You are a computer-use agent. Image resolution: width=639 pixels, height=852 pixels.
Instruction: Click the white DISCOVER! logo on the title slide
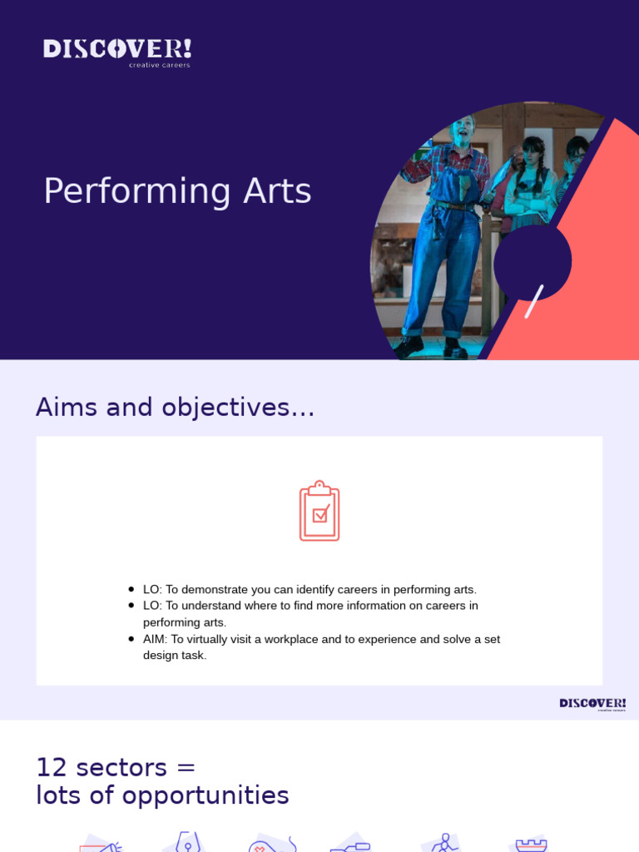click(116, 48)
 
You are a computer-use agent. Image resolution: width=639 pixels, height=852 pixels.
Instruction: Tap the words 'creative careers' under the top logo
click(159, 65)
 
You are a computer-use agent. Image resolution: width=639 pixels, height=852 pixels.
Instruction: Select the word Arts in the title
click(278, 191)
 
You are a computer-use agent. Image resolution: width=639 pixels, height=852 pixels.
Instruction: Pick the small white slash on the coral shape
click(534, 301)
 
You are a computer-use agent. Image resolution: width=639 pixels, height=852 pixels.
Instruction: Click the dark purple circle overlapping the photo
click(532, 261)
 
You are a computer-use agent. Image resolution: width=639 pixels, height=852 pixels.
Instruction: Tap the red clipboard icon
click(319, 511)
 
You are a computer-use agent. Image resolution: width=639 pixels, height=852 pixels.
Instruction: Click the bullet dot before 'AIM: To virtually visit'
click(131, 639)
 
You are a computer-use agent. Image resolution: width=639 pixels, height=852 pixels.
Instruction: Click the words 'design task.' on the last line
click(175, 656)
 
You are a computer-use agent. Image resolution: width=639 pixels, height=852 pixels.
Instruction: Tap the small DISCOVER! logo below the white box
click(592, 704)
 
